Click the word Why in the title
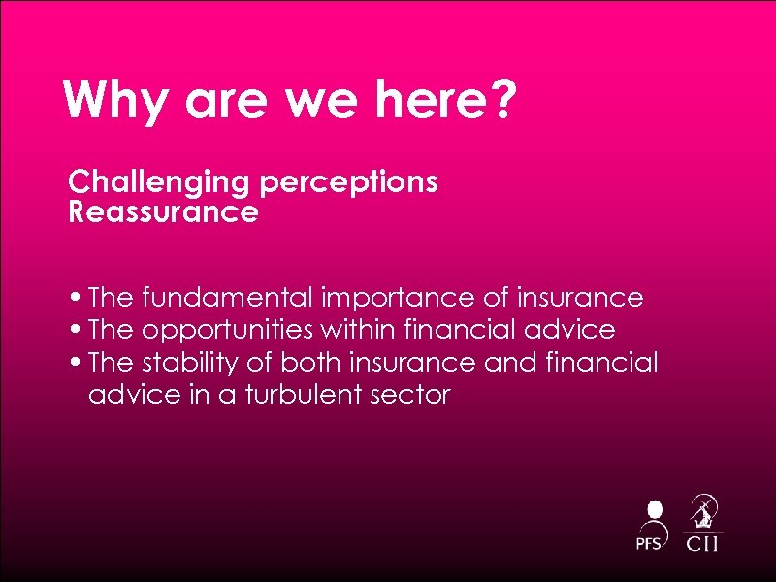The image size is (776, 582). tap(107, 100)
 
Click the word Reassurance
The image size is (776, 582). tap(163, 211)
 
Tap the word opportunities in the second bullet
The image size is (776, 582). tap(227, 330)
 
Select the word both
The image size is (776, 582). tap(311, 363)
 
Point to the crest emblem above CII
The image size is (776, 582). tap(703, 510)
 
